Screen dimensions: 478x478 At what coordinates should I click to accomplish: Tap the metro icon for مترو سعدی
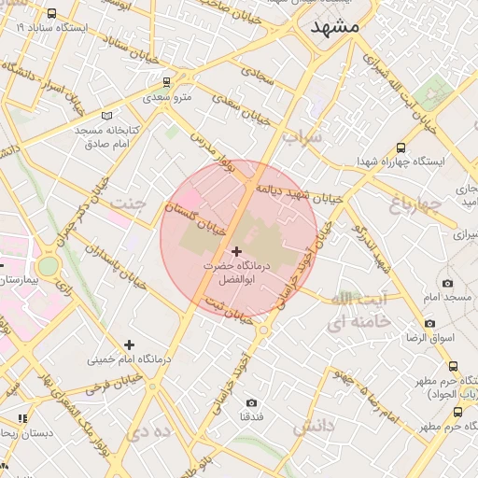(166, 82)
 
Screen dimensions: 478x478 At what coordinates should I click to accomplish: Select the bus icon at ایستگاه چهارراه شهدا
(401, 148)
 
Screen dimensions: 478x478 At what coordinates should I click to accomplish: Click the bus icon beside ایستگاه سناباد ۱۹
(50, 14)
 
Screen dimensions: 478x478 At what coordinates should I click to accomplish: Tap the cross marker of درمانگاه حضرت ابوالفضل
(236, 251)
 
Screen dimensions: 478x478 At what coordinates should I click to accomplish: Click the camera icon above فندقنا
(251, 402)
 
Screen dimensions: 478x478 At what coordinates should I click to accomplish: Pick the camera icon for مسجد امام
(447, 283)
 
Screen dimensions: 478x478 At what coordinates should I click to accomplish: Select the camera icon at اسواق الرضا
(429, 324)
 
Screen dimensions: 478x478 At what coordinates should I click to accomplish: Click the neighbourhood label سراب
(302, 137)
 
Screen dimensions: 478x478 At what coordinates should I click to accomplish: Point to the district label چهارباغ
(413, 204)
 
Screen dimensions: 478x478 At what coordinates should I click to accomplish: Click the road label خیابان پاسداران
(105, 251)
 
